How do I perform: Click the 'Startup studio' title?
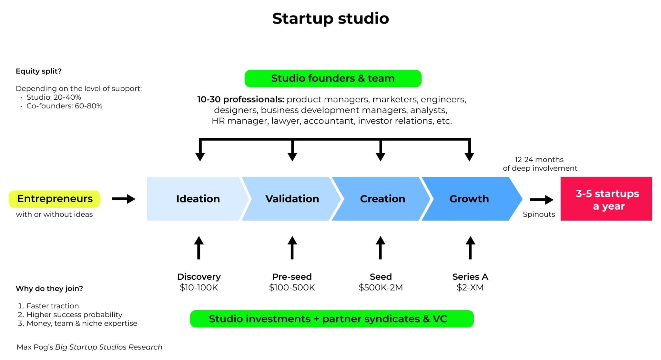pos(330,18)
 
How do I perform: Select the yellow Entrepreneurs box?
pos(55,199)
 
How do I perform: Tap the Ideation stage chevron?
pos(198,199)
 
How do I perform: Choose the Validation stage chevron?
pos(292,199)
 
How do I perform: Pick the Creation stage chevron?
pos(382,199)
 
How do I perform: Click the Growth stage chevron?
pos(469,199)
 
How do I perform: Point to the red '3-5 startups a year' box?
pos(606,199)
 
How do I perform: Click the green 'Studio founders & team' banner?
pos(333,78)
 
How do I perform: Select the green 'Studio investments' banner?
pos(331,319)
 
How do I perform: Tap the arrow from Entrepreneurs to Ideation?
pos(124,199)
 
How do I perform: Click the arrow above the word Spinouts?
pos(542,200)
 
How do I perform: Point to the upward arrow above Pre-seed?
pos(292,248)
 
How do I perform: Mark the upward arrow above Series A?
pos(470,248)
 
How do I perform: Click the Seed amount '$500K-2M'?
pos(381,287)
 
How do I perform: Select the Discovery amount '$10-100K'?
pos(199,287)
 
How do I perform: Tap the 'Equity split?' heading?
pos(39,71)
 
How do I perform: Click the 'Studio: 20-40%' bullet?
pos(54,97)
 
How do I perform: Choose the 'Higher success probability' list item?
pos(74,315)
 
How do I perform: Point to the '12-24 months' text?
pos(539,160)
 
